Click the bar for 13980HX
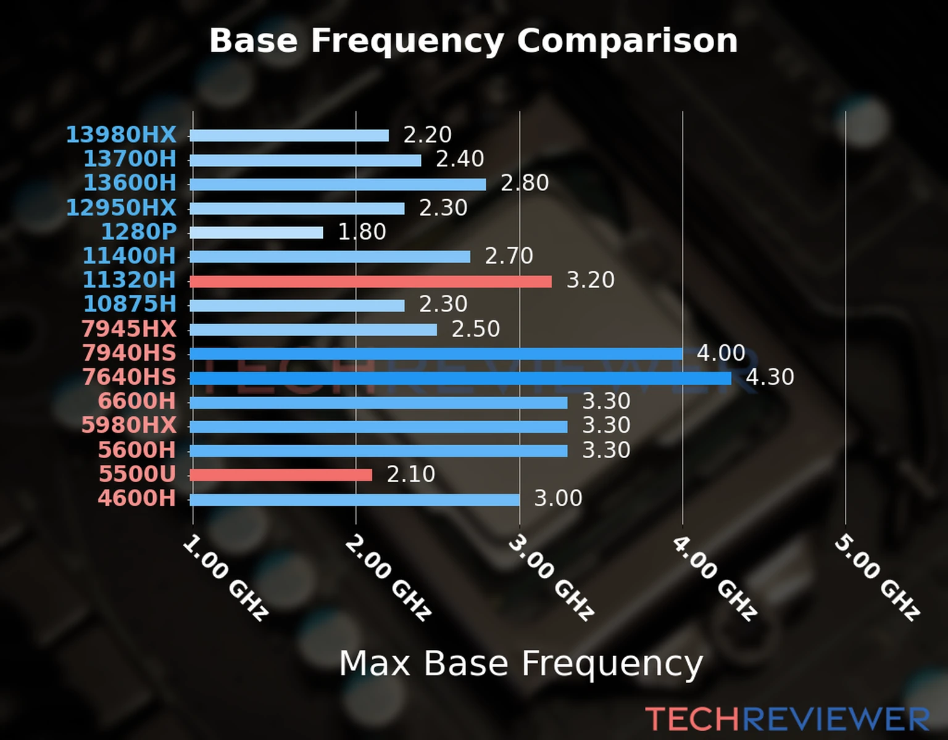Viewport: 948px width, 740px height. tap(289, 136)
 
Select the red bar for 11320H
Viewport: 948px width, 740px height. tap(370, 281)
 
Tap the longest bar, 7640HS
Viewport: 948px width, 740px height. tap(460, 378)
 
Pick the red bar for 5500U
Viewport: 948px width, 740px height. tap(281, 475)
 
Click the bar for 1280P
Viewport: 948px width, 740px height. tap(256, 232)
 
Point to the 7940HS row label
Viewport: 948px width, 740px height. tap(129, 353)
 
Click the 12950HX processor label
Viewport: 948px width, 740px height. tap(121, 208)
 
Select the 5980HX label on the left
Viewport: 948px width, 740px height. tap(128, 425)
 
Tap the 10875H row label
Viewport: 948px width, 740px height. tap(130, 305)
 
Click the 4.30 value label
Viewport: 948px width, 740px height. tap(770, 377)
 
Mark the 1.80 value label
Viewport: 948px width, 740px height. tap(362, 232)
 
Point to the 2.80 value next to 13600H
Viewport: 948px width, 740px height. tap(525, 184)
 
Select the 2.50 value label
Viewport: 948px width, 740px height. tap(475, 329)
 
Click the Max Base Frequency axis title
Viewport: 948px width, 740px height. tap(521, 664)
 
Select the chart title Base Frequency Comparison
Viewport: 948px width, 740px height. tap(473, 41)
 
